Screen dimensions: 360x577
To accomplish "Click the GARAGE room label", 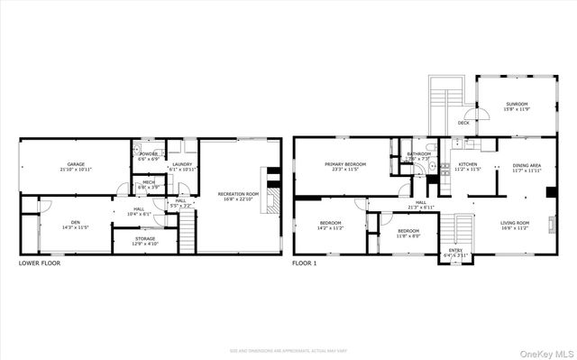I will pyautogui.click(x=76, y=165).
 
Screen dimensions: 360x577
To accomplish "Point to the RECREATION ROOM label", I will pyautogui.click(x=238, y=194).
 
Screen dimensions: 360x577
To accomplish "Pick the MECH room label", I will pyautogui.click(x=147, y=184).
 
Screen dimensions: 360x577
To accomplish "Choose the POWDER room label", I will pyautogui.click(x=147, y=154).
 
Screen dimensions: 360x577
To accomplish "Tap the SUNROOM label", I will pyautogui.click(x=517, y=106).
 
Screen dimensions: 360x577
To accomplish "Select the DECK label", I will pyautogui.click(x=463, y=122).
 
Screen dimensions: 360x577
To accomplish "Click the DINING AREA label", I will pyautogui.click(x=527, y=165).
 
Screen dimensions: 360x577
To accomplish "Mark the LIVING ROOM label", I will pyautogui.click(x=515, y=223).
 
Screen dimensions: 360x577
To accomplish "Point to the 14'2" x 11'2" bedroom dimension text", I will pyautogui.click(x=331, y=229).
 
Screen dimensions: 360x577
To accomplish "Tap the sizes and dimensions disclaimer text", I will pyautogui.click(x=288, y=350).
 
